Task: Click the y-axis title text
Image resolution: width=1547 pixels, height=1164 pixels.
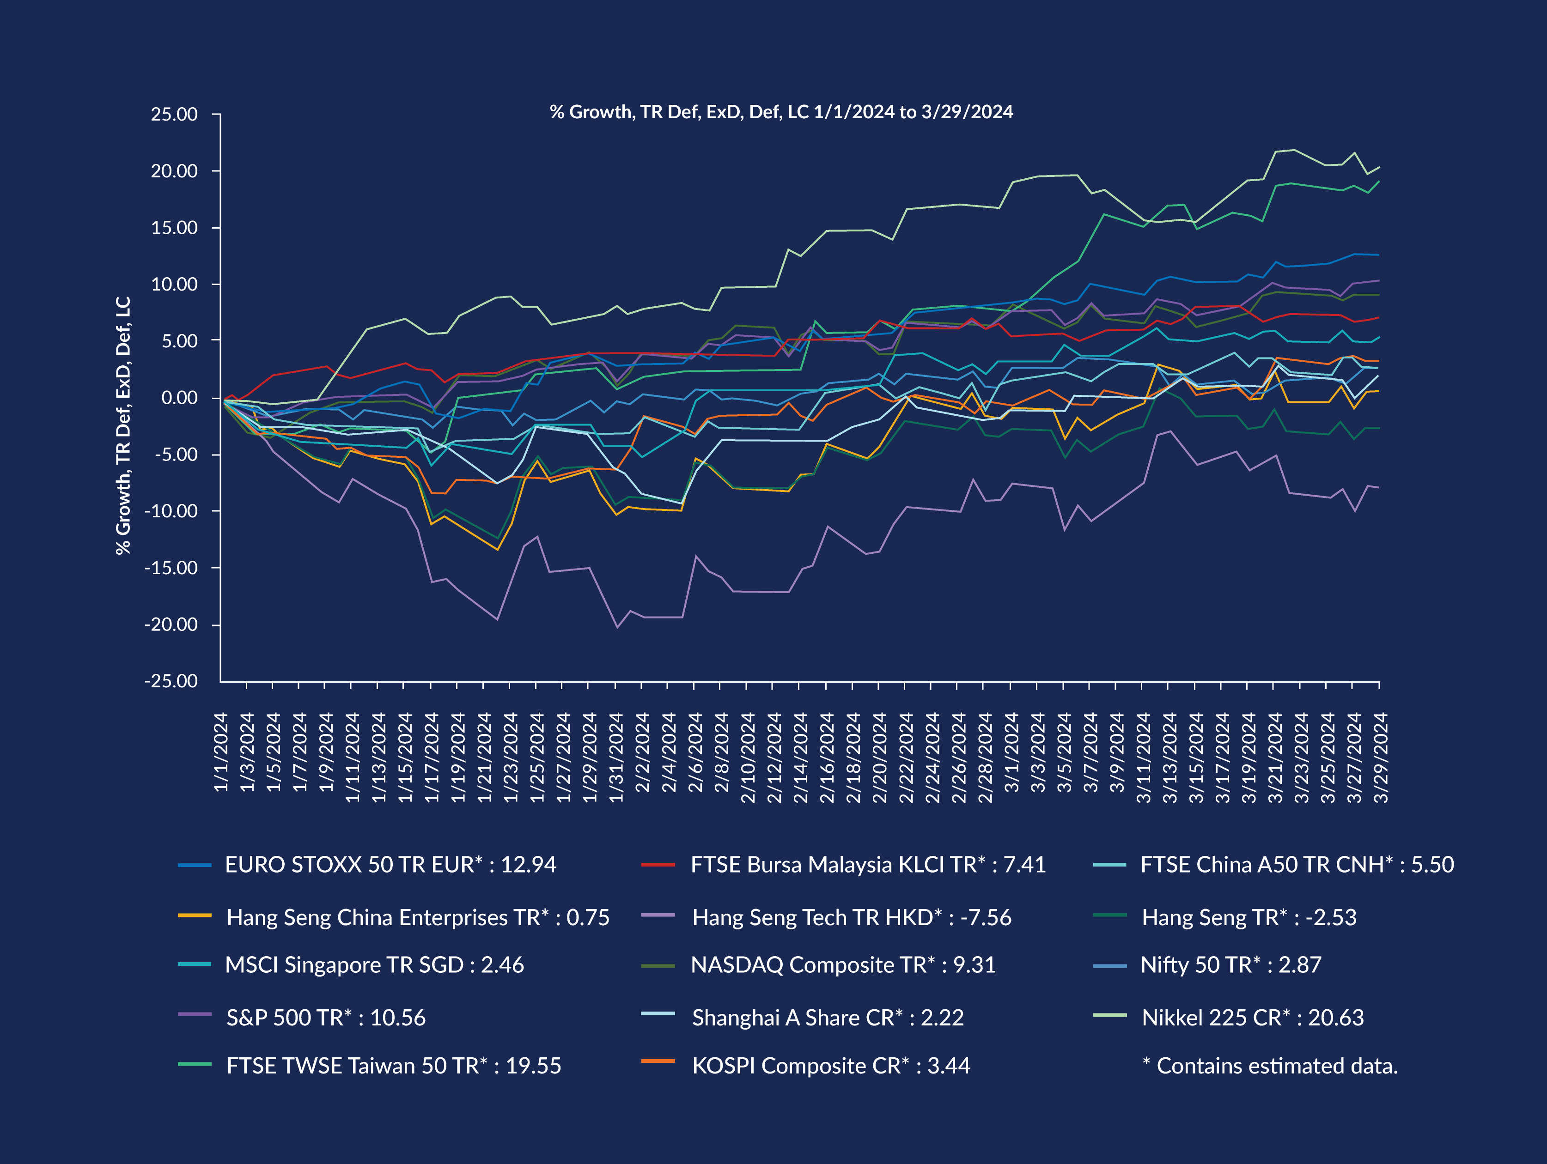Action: (123, 425)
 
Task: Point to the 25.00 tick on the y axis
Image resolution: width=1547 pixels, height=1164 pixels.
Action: (174, 114)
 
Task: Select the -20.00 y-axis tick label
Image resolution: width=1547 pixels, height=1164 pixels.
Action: (171, 624)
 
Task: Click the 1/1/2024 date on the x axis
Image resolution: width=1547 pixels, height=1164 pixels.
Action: (221, 752)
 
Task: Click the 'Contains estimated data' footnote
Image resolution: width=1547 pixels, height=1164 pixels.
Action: (1269, 1066)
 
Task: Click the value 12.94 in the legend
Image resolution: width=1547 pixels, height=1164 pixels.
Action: (529, 865)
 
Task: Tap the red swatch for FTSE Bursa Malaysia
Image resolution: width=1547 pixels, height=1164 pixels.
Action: (658, 865)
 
